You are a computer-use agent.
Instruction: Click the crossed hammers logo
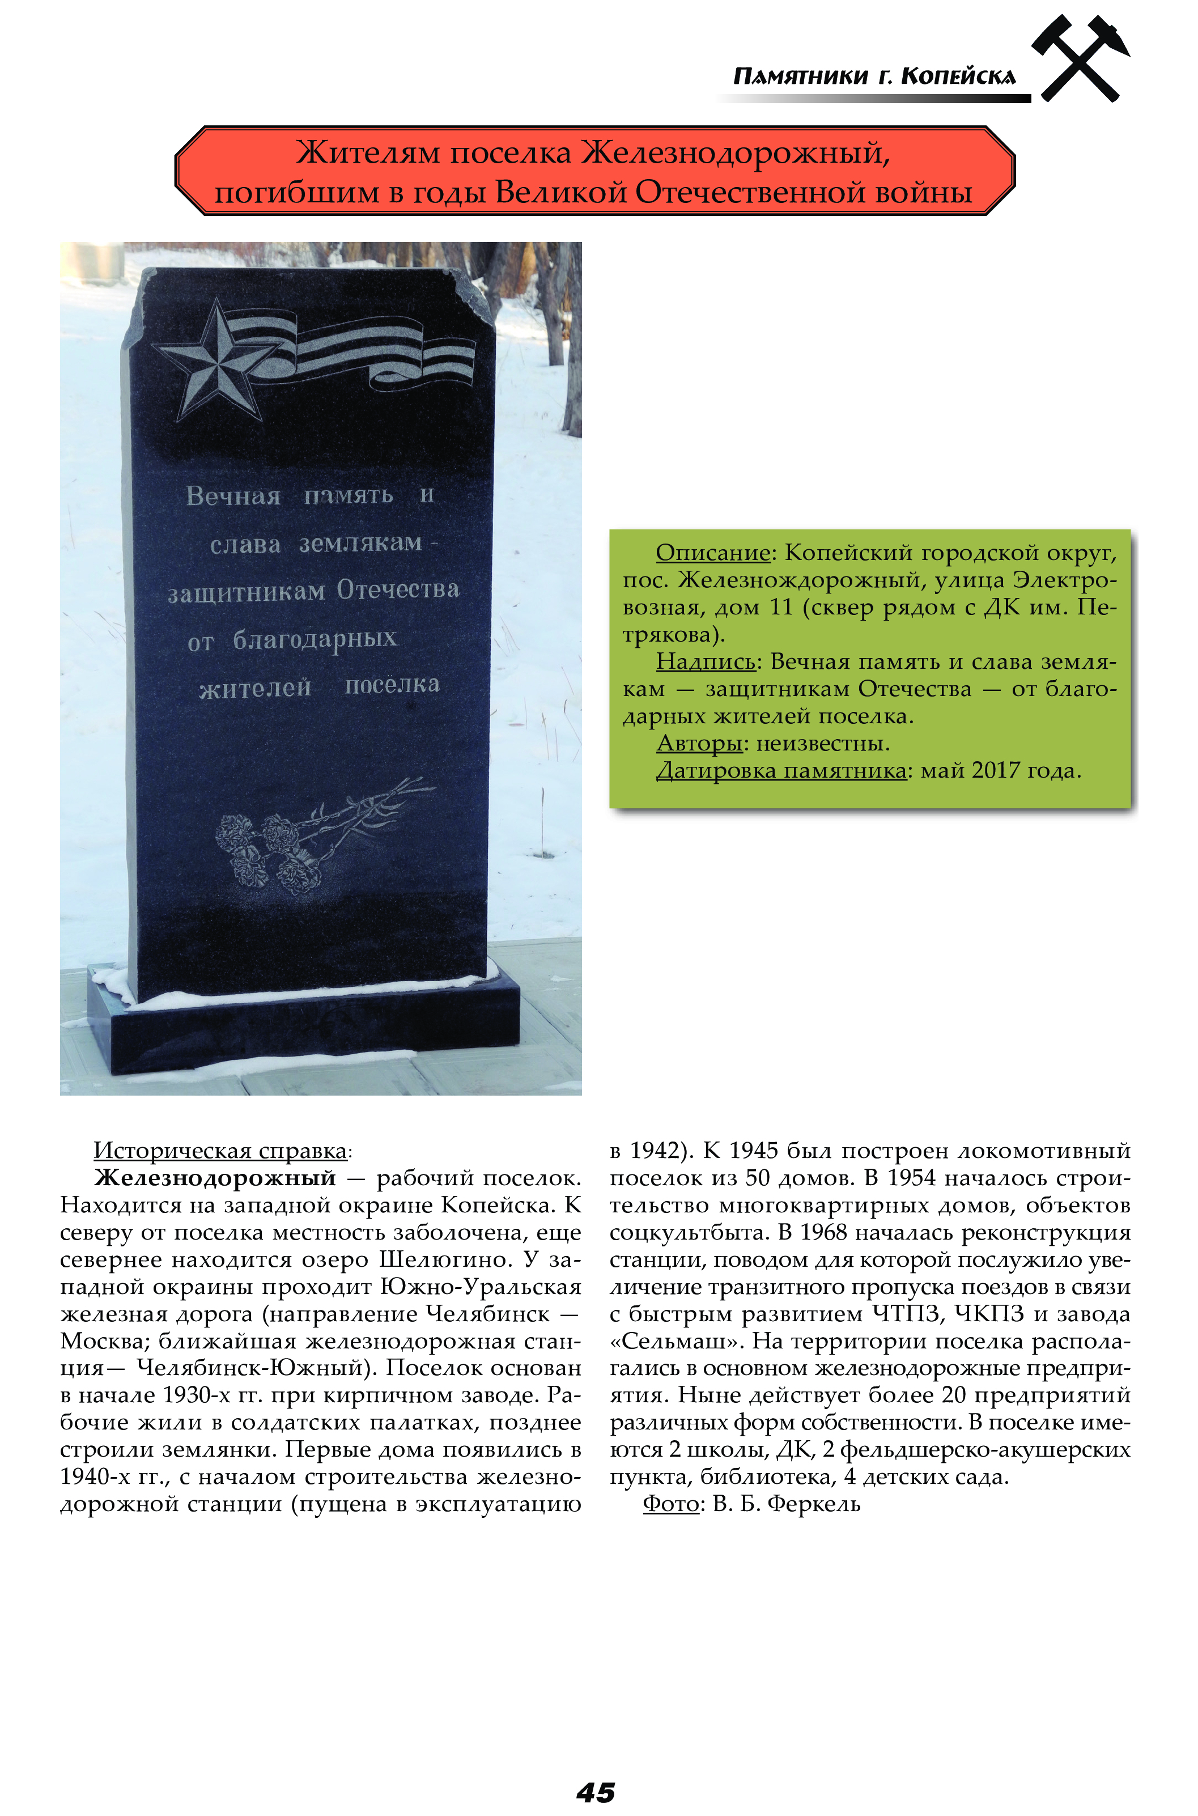tap(1080, 60)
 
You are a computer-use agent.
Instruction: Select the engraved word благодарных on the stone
tap(315, 639)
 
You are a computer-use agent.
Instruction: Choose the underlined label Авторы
tap(699, 744)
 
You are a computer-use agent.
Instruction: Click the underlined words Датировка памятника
tap(781, 771)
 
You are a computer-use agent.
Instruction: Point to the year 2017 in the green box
tap(996, 771)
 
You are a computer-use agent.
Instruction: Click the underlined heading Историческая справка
tap(220, 1151)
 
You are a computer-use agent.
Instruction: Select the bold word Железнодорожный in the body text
tap(215, 1178)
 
